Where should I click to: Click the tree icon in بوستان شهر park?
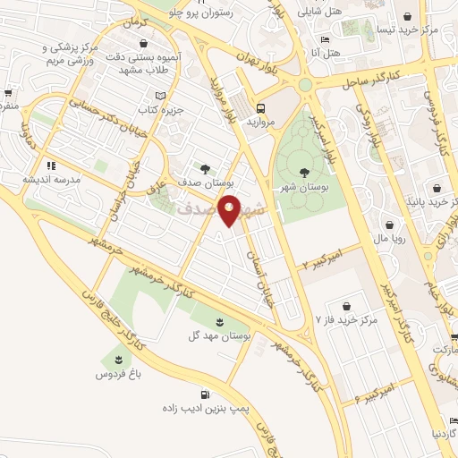click(x=304, y=172)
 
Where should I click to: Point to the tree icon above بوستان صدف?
click(x=207, y=167)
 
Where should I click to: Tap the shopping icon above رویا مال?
click(x=390, y=225)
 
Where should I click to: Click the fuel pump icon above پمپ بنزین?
click(x=207, y=394)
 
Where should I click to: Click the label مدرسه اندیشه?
click(x=52, y=179)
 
